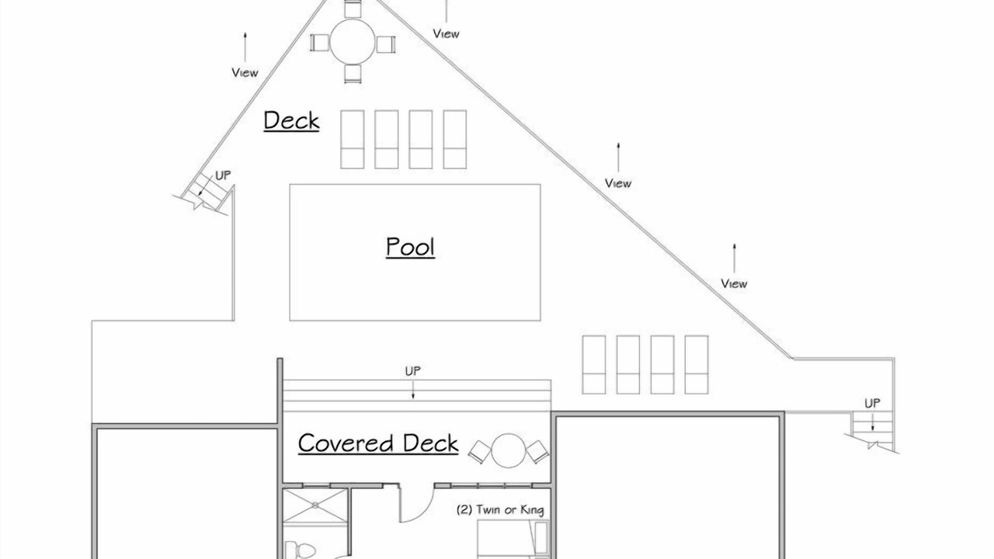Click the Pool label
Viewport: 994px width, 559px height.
coord(410,247)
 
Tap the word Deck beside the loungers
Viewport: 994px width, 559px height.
coord(291,120)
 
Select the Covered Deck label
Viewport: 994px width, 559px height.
coord(378,443)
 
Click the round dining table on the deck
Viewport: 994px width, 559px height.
coord(353,42)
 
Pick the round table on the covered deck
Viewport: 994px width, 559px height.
coord(509,450)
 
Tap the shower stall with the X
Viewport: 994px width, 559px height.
coord(315,505)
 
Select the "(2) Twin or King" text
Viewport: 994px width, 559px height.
coord(500,510)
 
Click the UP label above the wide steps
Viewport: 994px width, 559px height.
coord(412,371)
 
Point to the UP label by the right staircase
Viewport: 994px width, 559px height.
coord(872,403)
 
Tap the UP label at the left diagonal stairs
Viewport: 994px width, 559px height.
coord(223,175)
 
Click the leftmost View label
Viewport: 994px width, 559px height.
coord(245,72)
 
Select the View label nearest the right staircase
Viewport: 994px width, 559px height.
coord(734,283)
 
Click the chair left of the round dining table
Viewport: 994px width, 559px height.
coord(319,43)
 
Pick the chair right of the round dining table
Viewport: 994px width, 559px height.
coord(386,44)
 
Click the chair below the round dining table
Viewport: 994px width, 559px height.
coord(353,74)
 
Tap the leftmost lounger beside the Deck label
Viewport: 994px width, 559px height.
coord(353,139)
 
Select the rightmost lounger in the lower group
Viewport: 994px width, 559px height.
coord(697,365)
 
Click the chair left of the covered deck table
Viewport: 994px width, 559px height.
coord(480,452)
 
